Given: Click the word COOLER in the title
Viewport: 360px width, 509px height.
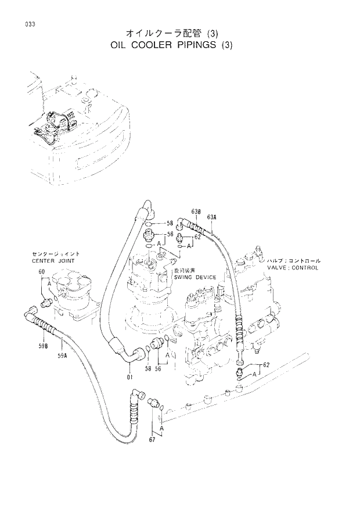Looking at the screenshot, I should (156, 47).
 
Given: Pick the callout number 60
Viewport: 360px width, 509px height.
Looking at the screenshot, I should (42, 272).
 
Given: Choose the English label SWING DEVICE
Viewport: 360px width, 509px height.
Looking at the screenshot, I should (195, 277).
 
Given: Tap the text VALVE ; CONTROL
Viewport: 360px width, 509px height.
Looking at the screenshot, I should (293, 268).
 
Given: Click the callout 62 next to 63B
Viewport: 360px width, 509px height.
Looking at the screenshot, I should (197, 237).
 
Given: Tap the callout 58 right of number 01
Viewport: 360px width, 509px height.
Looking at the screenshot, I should (149, 368).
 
